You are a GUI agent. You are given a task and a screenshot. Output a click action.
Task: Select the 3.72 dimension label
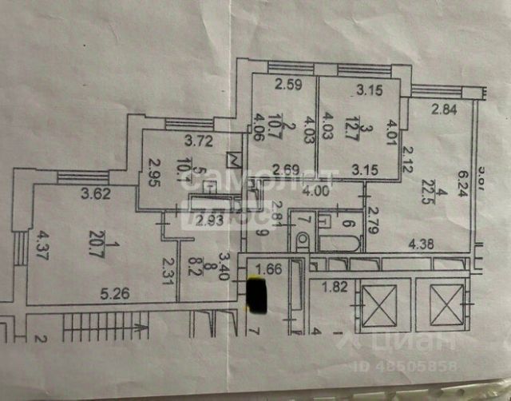click(x=199, y=142)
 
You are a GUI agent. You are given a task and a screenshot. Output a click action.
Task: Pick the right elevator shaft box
click(x=442, y=304)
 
